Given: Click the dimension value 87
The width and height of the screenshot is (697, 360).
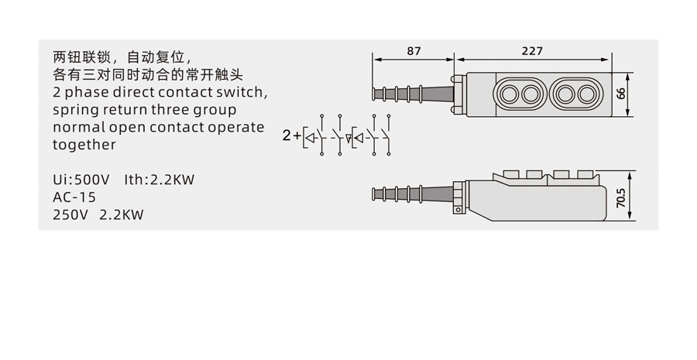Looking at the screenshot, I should click(x=414, y=50).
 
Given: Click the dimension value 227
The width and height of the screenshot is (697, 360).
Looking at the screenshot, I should click(x=531, y=50).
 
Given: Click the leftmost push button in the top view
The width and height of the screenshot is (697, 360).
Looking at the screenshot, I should click(x=510, y=94).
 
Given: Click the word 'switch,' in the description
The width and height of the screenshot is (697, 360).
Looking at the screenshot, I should click(x=242, y=92).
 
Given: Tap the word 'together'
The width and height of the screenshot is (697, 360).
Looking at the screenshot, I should click(x=84, y=145).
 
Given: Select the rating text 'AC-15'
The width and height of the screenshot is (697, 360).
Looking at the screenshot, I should click(x=74, y=197).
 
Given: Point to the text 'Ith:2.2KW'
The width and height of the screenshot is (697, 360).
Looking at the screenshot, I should click(x=159, y=180).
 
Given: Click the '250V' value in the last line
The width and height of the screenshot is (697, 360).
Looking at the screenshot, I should click(x=70, y=215).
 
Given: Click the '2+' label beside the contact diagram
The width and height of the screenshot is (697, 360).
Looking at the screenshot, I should click(x=292, y=135).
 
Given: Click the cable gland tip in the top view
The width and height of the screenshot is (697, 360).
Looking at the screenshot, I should click(x=377, y=94).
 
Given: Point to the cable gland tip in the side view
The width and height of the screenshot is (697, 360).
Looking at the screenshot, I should click(x=377, y=194).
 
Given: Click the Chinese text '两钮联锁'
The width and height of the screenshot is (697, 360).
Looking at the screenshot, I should click(x=77, y=57).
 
